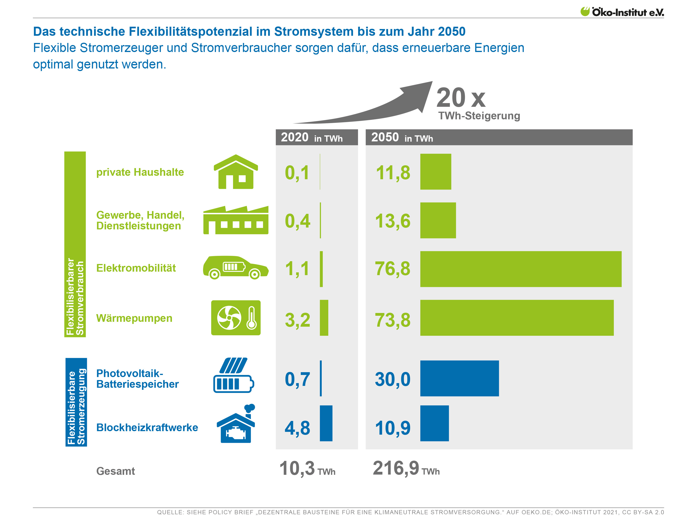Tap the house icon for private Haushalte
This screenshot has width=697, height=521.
[236, 172]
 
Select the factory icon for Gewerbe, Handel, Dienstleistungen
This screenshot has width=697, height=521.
[236, 220]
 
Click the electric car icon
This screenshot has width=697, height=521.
[236, 268]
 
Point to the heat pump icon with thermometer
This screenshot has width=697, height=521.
[236, 318]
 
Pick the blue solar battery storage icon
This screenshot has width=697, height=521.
[233, 375]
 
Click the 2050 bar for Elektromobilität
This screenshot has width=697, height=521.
[521, 269]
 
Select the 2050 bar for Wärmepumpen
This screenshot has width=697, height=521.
[517, 318]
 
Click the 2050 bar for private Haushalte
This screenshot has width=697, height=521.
[435, 172]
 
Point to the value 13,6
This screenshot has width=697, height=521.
[392, 221]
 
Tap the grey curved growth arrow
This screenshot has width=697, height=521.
[378, 107]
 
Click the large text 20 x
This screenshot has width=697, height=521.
[461, 98]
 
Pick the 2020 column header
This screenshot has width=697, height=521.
[316, 137]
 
